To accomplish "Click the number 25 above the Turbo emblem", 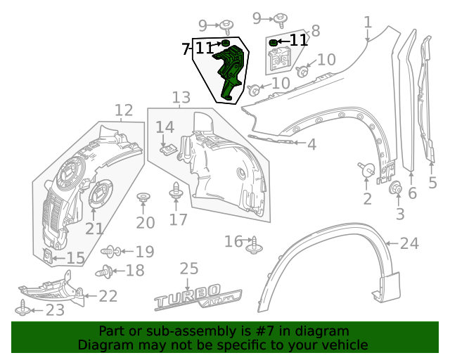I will point(188,269).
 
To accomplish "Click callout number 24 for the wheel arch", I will point(409,244).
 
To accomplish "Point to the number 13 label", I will point(181,97).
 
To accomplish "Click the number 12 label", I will point(123,110).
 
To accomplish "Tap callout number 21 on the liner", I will point(94,228).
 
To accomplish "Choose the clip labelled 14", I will point(167,148).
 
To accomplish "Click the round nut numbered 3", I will point(394,188).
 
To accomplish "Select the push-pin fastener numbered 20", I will point(143,197).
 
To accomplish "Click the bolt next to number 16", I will point(253,243).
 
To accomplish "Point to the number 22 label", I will point(108,296).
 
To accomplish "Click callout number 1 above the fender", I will point(368,23).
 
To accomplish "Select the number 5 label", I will point(433,184).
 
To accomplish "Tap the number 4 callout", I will point(311,144).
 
